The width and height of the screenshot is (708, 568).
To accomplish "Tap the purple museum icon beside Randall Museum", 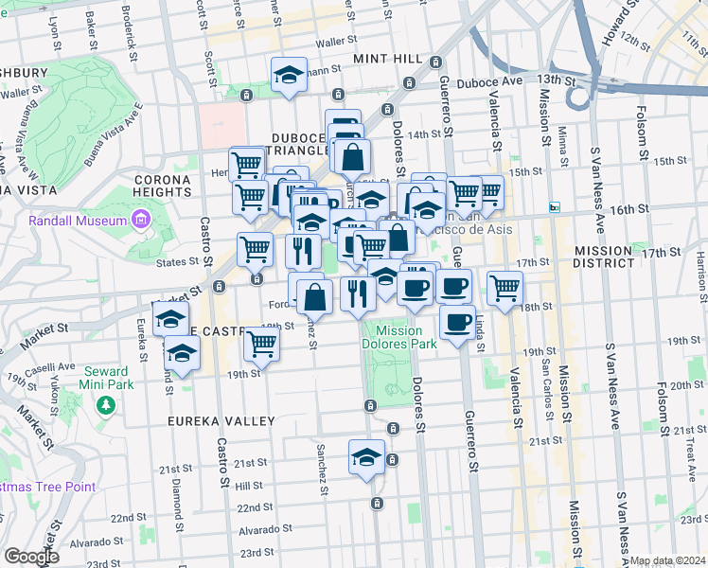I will (x=141, y=222).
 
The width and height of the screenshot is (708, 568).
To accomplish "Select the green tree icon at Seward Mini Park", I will (x=106, y=404).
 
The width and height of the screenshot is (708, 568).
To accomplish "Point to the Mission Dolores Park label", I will (x=398, y=338).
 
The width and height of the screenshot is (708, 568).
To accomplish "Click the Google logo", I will (x=30, y=557).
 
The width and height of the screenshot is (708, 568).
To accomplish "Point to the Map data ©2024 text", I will (x=667, y=560).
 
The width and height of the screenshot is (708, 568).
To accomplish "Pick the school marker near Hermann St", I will (x=289, y=75).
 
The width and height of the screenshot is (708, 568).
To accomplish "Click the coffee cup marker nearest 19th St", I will (x=458, y=322).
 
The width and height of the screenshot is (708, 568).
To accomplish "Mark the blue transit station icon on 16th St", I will (x=555, y=207).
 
